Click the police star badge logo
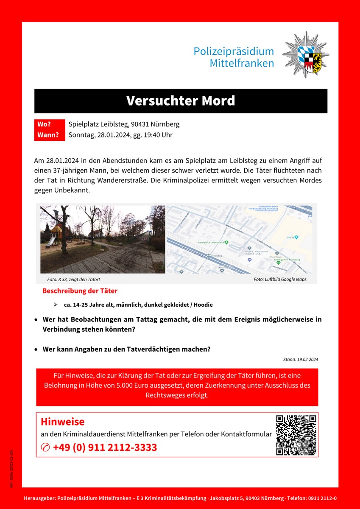click(x=306, y=54)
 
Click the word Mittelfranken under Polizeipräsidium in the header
click(x=242, y=64)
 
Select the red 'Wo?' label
click(x=45, y=124)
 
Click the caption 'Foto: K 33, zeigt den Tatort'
click(x=74, y=280)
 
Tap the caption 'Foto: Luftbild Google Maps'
click(x=280, y=280)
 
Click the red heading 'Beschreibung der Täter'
click(x=80, y=291)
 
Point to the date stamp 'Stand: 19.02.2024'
click(x=300, y=360)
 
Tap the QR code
click(x=296, y=434)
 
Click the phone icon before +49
click(x=45, y=447)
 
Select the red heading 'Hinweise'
click(x=62, y=422)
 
